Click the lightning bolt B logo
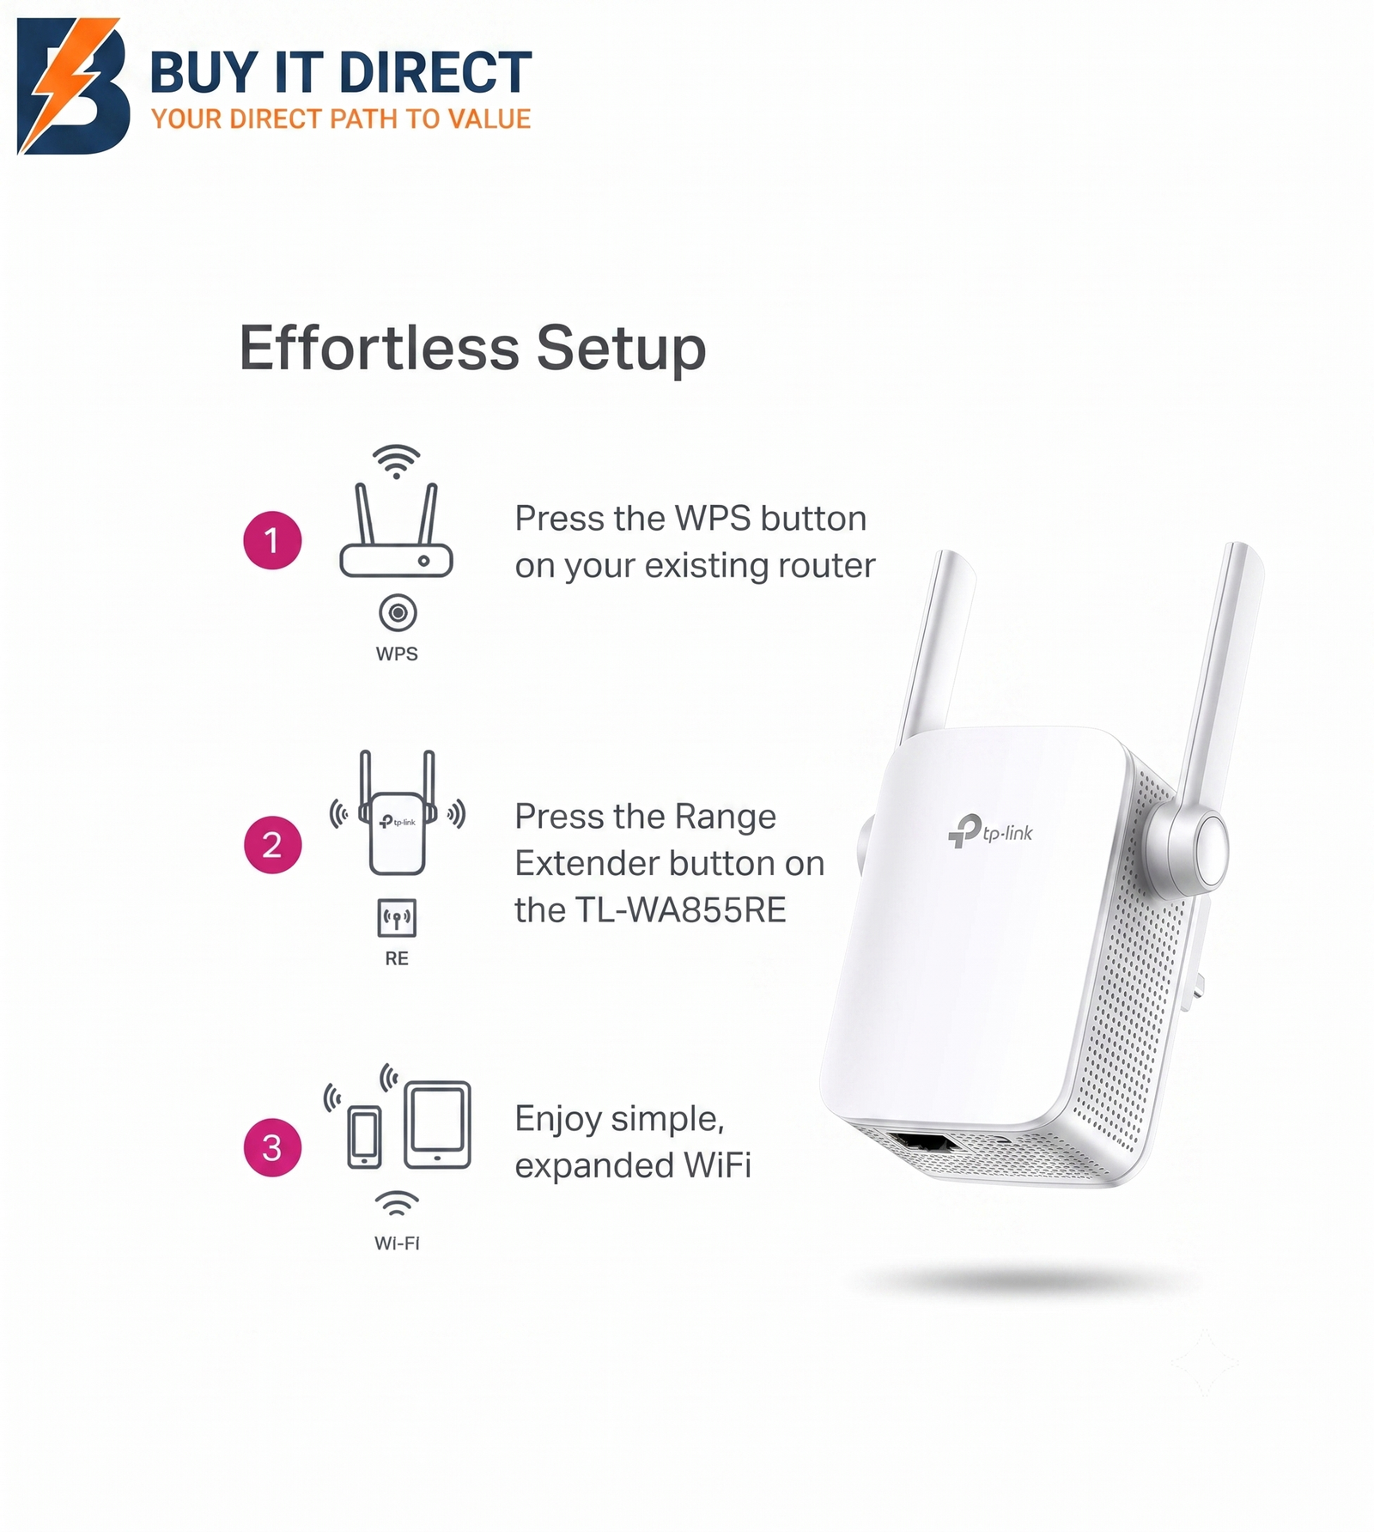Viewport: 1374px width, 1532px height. tap(74, 86)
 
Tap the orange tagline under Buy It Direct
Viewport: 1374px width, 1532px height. tap(341, 119)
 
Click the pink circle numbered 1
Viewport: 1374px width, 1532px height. tap(272, 540)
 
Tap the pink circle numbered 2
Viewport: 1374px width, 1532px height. tap(272, 845)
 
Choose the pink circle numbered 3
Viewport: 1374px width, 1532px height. tap(272, 1147)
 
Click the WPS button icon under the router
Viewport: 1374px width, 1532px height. tap(398, 613)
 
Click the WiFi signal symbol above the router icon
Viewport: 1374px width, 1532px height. tap(396, 461)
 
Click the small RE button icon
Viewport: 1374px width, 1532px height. tap(397, 918)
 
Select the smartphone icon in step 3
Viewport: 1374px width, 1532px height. tap(364, 1137)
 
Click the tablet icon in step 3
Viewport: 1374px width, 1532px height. tap(438, 1125)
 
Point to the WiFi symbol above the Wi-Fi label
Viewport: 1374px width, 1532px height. tap(397, 1204)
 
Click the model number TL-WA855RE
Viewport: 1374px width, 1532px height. tap(680, 910)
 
